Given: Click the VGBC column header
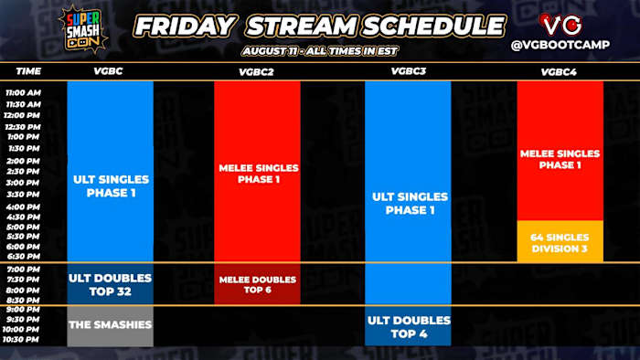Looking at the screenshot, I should point(110,70).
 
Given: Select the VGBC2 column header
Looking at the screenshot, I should point(257,70).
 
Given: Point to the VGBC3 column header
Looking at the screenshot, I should point(407,70).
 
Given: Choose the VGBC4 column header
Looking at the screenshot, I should point(560,70).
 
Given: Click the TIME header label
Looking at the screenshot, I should point(29,70).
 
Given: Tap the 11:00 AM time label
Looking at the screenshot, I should point(23,92).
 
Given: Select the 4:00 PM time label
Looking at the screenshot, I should point(23,206).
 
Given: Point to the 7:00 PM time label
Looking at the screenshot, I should point(23,270).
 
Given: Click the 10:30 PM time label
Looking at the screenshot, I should point(23,339).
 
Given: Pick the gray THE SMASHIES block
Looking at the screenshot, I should point(110,325).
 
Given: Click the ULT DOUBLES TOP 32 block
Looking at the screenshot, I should point(110,284).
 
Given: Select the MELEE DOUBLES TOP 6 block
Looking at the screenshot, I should point(257,285).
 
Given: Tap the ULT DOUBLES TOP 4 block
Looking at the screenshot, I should point(408,327).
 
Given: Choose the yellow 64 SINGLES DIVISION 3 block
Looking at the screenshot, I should point(560,243).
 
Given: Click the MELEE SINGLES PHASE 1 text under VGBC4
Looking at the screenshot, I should point(560,159).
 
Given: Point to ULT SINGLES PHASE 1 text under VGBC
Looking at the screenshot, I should point(110,186).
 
